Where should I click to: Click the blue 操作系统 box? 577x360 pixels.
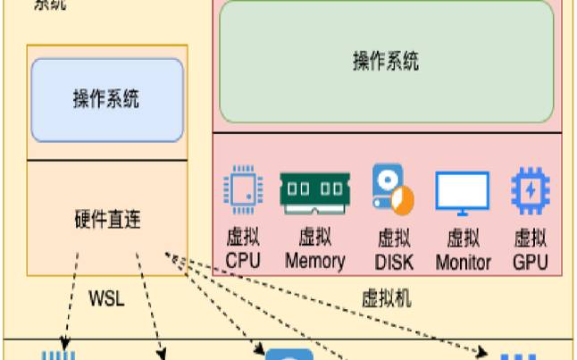(106, 99)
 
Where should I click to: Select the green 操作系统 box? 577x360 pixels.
(386, 62)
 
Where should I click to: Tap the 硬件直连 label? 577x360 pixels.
(106, 219)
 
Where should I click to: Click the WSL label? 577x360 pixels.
(106, 297)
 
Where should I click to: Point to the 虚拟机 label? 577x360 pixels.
(387, 297)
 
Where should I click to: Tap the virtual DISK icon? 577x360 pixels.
(393, 190)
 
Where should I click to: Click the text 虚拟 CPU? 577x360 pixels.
(242, 249)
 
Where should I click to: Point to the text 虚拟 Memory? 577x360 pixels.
(314, 249)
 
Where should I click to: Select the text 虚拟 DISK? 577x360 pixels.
(393, 249)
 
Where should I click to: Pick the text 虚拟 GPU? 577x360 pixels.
(531, 249)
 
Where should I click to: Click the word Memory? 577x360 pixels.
(314, 261)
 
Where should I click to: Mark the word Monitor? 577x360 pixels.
(463, 262)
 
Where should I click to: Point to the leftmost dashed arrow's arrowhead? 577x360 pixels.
(63, 345)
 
